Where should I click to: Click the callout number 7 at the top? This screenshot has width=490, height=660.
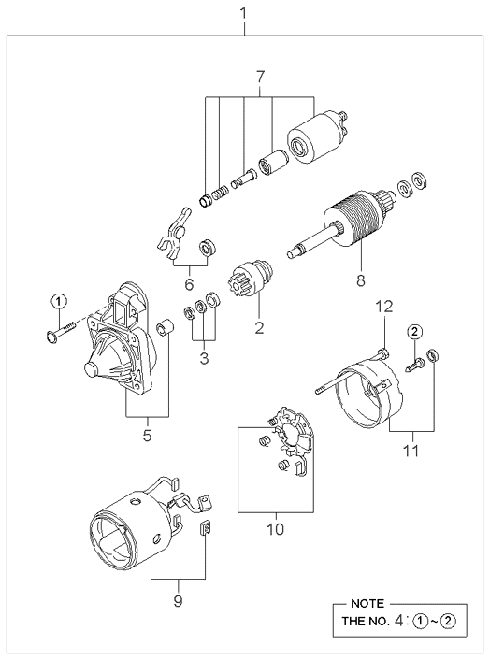tap(260, 77)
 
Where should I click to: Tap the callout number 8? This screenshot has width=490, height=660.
tap(361, 280)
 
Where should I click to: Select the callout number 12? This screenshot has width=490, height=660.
tap(384, 307)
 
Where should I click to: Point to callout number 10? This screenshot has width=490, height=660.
tap(275, 529)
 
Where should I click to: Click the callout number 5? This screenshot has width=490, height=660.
tap(147, 436)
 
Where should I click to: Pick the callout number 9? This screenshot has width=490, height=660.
tap(178, 601)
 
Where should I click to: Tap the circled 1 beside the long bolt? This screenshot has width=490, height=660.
tap(59, 300)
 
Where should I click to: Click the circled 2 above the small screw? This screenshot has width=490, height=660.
tap(414, 332)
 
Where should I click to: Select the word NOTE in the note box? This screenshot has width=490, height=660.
tap(367, 604)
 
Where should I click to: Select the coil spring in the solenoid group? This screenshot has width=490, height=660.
tap(220, 194)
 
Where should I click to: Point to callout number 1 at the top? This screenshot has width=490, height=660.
tap(243, 13)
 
